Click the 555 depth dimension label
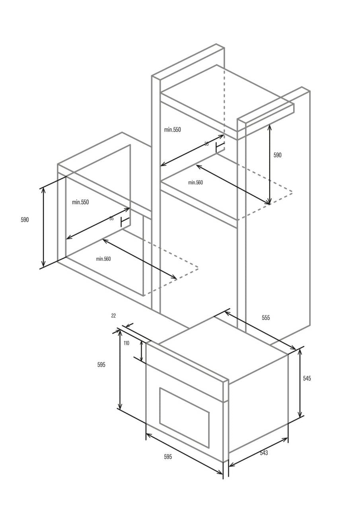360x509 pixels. tap(266, 318)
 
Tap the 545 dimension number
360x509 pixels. tap(307, 379)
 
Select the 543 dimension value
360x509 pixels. tap(264, 453)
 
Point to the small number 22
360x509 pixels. tap(113, 316)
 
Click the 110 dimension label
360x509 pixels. tap(126, 343)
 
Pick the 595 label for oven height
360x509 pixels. tap(101, 365)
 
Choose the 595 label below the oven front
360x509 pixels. tap(168, 457)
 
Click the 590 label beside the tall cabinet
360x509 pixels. tap(277, 155)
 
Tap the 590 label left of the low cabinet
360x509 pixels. tap(25, 220)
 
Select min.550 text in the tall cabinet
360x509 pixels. tap(172, 130)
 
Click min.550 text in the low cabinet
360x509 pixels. tap(80, 202)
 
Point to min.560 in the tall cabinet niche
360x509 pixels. tap(195, 183)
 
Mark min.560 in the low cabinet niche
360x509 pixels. tap(103, 259)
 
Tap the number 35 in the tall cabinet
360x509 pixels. tap(206, 144)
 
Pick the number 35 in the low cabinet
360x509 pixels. tap(111, 218)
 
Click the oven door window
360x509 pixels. tap(184, 417)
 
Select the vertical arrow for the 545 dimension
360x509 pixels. tap(300, 382)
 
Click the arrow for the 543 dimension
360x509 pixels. tap(258, 452)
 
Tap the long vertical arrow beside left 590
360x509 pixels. tap(43, 227)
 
